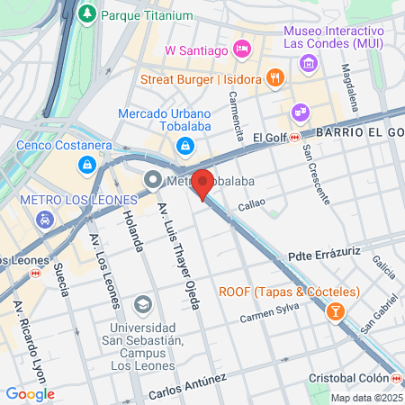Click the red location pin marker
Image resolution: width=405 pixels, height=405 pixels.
pyautogui.click(x=203, y=184)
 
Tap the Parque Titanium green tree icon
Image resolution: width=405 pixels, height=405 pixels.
pyautogui.click(x=86, y=14)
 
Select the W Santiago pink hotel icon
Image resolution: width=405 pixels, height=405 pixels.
pyautogui.click(x=241, y=48)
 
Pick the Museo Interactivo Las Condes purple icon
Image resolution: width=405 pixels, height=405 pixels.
pyautogui.click(x=309, y=62)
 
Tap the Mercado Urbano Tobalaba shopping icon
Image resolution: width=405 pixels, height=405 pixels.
pyautogui.click(x=184, y=144)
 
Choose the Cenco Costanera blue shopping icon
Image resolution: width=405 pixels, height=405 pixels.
pyautogui.click(x=86, y=165)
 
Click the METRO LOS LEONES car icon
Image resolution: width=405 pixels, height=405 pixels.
pyautogui.click(x=43, y=219)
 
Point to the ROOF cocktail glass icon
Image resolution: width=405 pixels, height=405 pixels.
pyautogui.click(x=335, y=311)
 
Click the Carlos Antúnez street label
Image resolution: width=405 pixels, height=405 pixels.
pyautogui.click(x=187, y=388)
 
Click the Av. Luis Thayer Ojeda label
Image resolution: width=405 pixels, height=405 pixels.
pyautogui.click(x=176, y=254)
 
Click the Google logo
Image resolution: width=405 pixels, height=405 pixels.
pyautogui.click(x=30, y=393)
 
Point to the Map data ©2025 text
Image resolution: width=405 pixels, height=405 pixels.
pyautogui.click(x=365, y=398)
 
